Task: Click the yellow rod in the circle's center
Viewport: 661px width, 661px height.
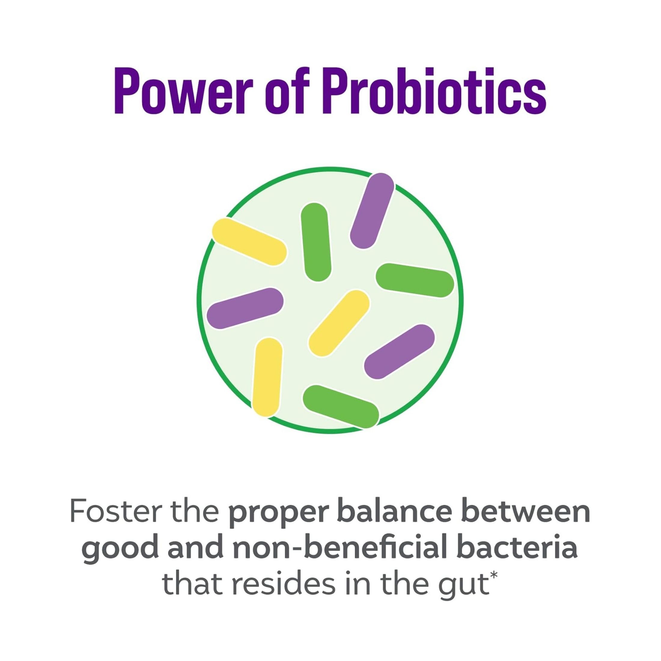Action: (339, 323)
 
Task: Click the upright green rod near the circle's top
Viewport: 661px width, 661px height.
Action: (316, 242)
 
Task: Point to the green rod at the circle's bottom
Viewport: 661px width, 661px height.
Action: (341, 406)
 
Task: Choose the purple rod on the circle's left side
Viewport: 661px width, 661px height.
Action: (245, 308)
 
